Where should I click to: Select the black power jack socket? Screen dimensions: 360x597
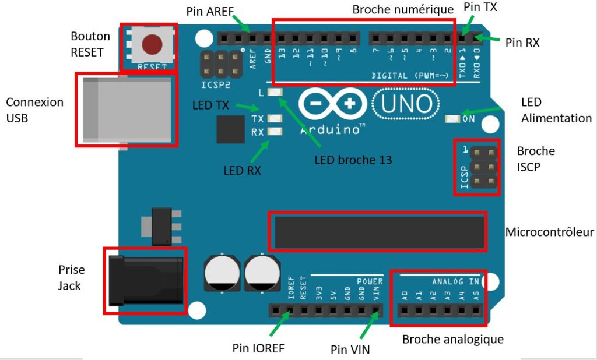coord(146,281)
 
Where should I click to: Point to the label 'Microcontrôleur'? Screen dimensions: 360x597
coord(549,232)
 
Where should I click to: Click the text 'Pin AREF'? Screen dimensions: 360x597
coord(210,12)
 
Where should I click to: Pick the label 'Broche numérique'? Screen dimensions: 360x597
coord(403,10)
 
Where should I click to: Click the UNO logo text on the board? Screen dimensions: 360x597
coord(407,104)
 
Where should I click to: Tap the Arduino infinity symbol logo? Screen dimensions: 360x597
coord(332,105)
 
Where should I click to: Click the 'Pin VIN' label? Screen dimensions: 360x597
coord(350,350)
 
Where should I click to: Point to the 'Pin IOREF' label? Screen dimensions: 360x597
coord(258,348)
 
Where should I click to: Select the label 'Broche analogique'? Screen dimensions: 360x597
coord(453,339)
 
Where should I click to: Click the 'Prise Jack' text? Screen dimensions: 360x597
coord(71,277)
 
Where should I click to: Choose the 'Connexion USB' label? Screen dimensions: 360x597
coord(34,110)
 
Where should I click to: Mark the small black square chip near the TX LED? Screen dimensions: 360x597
coord(230,129)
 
